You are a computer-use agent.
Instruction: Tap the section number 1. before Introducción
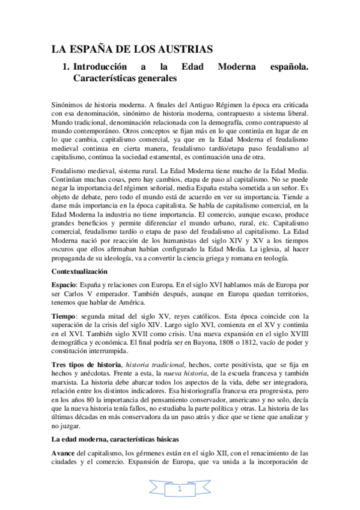point(66,67)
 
